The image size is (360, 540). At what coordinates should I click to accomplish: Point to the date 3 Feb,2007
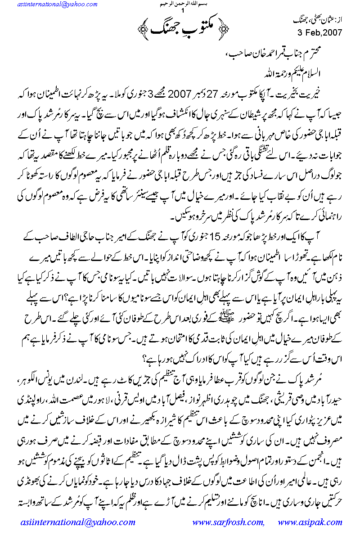(x=320, y=32)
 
